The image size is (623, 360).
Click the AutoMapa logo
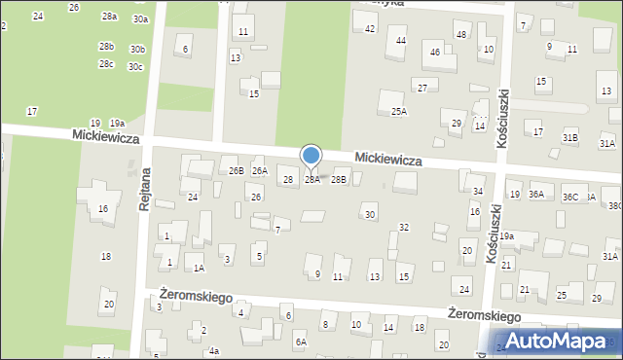[563, 342]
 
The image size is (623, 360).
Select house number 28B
[339, 179]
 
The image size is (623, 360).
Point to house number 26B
[236, 171]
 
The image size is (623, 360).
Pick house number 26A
[259, 171]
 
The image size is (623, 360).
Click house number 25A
[399, 112]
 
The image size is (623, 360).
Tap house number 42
[370, 29]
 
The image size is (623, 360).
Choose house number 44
[401, 41]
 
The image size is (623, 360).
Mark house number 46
[435, 52]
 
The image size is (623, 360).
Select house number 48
[460, 35]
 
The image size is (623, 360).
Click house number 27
[422, 89]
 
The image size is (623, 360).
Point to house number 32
[404, 228]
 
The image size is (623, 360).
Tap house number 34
[478, 192]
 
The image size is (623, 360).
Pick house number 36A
[535, 196]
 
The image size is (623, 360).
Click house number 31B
[570, 138]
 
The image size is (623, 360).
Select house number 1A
[198, 268]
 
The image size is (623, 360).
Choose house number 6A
[302, 342]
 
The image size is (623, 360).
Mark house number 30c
[135, 67]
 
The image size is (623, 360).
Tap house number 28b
[106, 47]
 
